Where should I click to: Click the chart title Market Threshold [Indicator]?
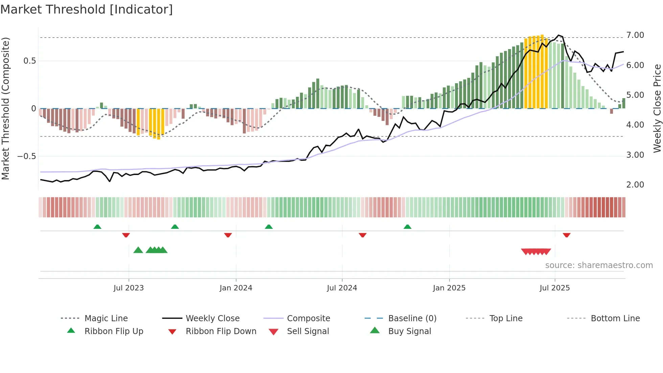[x=87, y=9]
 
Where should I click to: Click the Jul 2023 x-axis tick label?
[x=129, y=288]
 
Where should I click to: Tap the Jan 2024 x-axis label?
[x=236, y=288]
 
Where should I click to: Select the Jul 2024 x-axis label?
[x=342, y=288]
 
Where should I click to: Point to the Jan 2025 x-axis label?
[x=449, y=288]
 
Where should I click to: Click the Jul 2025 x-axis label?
[x=555, y=288]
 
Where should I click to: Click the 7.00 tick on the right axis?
[x=635, y=35]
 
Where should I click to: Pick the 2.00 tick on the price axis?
[x=635, y=185]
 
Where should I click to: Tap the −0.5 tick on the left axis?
[x=26, y=156]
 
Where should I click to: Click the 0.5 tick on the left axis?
[x=29, y=61]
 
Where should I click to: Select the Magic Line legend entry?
[x=106, y=319]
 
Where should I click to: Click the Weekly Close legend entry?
[x=212, y=319]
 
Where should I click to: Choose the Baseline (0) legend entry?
[x=412, y=319]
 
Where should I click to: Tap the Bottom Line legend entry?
[x=615, y=319]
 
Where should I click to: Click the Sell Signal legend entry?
[x=308, y=331]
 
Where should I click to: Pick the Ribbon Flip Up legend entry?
[x=114, y=331]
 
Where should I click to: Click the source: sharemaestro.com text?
[x=599, y=265]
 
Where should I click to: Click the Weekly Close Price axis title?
[x=657, y=108]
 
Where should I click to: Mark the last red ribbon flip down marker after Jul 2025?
[x=567, y=235]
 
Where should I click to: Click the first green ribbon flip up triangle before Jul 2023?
[x=97, y=227]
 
